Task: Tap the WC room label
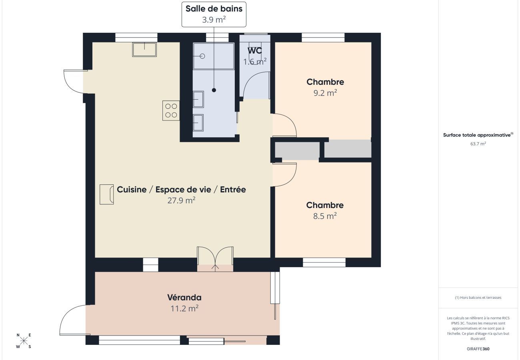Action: [x=255, y=51]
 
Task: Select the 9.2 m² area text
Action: [x=325, y=92]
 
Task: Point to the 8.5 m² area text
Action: [x=325, y=216]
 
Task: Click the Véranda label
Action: [x=184, y=298]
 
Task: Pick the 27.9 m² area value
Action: [x=181, y=200]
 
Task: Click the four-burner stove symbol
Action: [x=171, y=110]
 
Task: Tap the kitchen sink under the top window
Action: [x=144, y=50]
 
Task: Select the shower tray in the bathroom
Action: [x=214, y=56]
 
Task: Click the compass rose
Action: [x=24, y=341]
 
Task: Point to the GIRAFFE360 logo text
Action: [x=478, y=349]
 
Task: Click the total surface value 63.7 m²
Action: [x=478, y=144]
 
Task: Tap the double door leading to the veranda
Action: [x=215, y=259]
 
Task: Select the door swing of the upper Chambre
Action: [x=285, y=125]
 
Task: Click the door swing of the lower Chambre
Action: [x=285, y=174]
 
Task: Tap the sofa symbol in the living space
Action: [x=106, y=194]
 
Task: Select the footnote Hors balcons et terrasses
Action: [x=478, y=298]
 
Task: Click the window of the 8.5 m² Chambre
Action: [x=324, y=262]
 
